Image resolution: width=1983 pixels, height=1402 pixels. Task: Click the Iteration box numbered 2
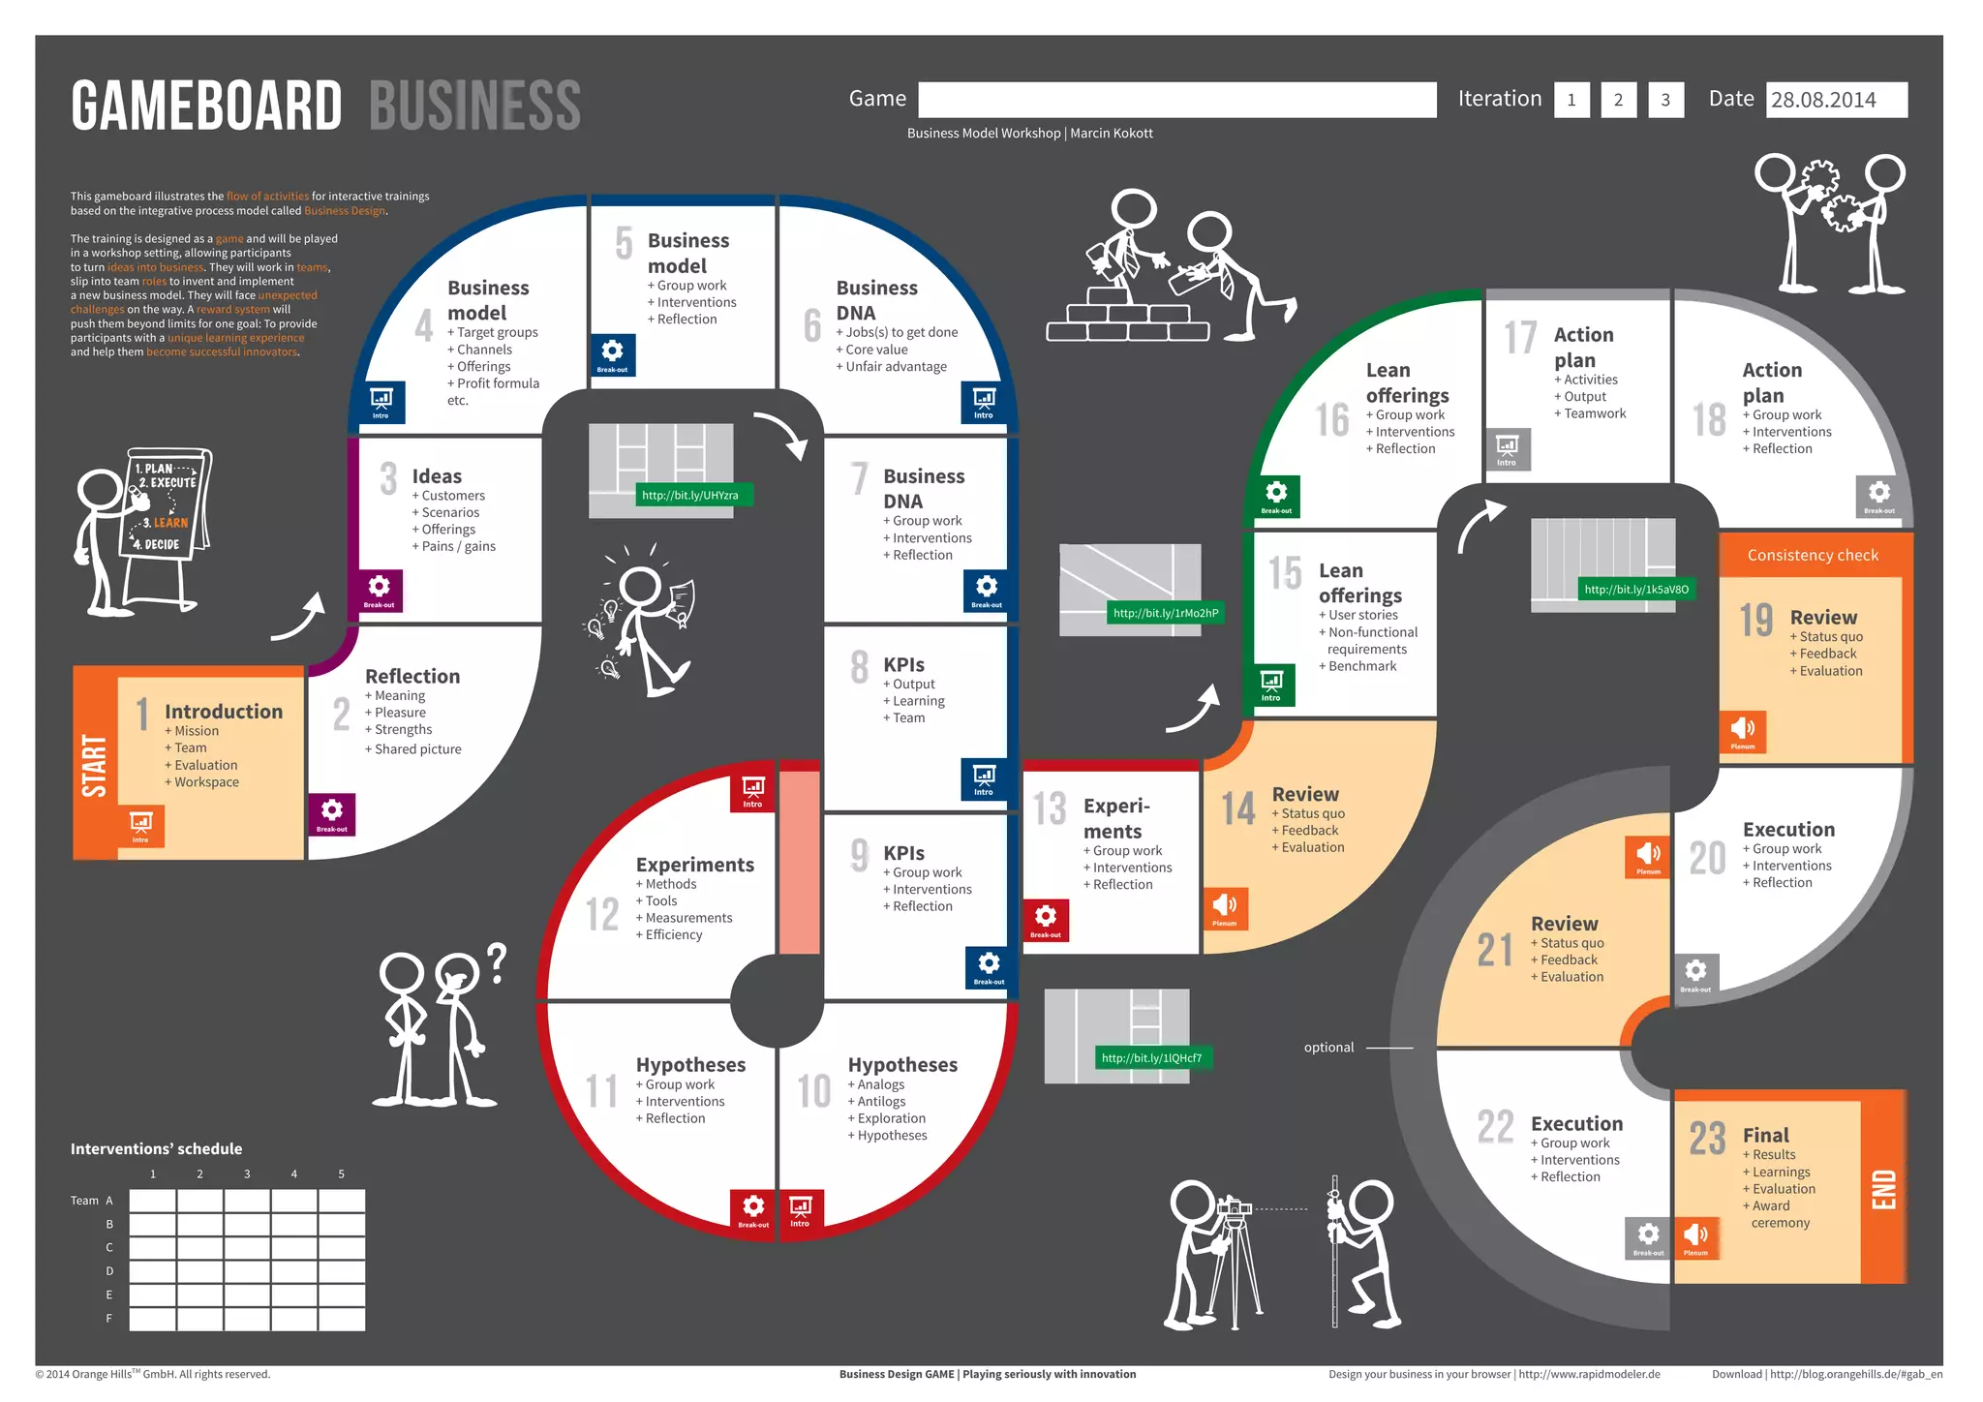tap(1618, 100)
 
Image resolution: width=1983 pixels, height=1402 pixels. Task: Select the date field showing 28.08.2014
tap(1836, 100)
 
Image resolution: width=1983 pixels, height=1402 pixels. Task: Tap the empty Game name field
tap(1176, 100)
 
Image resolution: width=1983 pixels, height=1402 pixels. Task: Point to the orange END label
tap(1883, 1189)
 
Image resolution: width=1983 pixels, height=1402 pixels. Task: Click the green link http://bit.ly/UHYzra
tap(689, 495)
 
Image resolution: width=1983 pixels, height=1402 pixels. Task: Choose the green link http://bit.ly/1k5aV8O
tap(1636, 589)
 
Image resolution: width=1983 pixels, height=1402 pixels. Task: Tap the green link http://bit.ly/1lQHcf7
tap(1151, 1058)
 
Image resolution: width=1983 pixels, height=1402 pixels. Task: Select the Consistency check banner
tap(1813, 555)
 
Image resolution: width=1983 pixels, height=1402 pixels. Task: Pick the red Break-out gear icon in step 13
tap(1046, 919)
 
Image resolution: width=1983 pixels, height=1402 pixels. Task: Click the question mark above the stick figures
tap(497, 962)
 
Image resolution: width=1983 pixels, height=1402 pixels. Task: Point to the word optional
tap(1328, 1048)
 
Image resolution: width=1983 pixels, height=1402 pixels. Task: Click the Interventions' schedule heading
tap(156, 1149)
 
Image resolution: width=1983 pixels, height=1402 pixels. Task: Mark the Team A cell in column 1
tap(153, 1201)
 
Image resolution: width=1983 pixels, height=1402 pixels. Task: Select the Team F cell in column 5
tap(342, 1319)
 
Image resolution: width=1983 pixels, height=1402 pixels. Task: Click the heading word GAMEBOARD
tap(206, 106)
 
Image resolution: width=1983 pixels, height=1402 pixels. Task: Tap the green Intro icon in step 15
tap(1271, 684)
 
